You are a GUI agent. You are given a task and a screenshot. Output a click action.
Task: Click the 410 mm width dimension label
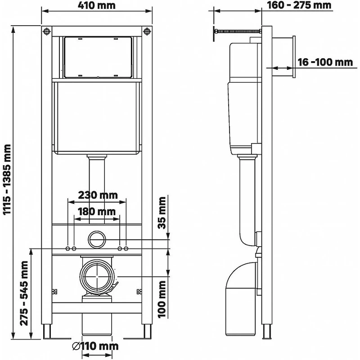pyautogui.click(x=97, y=5)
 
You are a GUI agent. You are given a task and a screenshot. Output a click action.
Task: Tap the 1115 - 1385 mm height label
pyautogui.click(x=7, y=179)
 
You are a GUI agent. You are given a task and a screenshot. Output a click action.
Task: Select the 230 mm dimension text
pyautogui.click(x=98, y=195)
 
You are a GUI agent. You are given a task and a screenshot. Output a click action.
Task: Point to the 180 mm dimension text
pyautogui.click(x=96, y=211)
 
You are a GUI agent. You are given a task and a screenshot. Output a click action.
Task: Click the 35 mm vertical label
pyautogui.click(x=162, y=213)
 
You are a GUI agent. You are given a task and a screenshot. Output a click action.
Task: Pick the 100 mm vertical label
pyautogui.click(x=162, y=299)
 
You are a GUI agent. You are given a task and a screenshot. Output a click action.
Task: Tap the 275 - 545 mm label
pyautogui.click(x=24, y=293)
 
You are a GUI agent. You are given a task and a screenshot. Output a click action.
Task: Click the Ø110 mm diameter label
pyautogui.click(x=95, y=346)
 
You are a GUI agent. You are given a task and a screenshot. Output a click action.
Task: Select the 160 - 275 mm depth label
pyautogui.click(x=299, y=5)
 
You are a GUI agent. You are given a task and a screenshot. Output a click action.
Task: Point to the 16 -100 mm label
pyautogui.click(x=325, y=62)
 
